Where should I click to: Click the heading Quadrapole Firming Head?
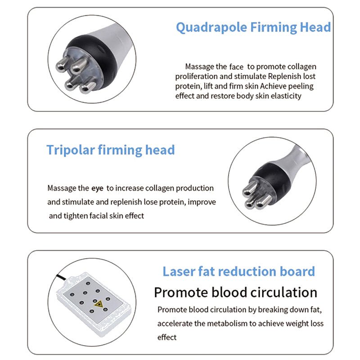point(253,27)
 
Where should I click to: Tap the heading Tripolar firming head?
point(110,150)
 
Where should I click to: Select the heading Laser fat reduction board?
point(238,271)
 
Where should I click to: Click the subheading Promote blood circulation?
point(235,292)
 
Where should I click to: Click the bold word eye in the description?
point(98,188)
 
